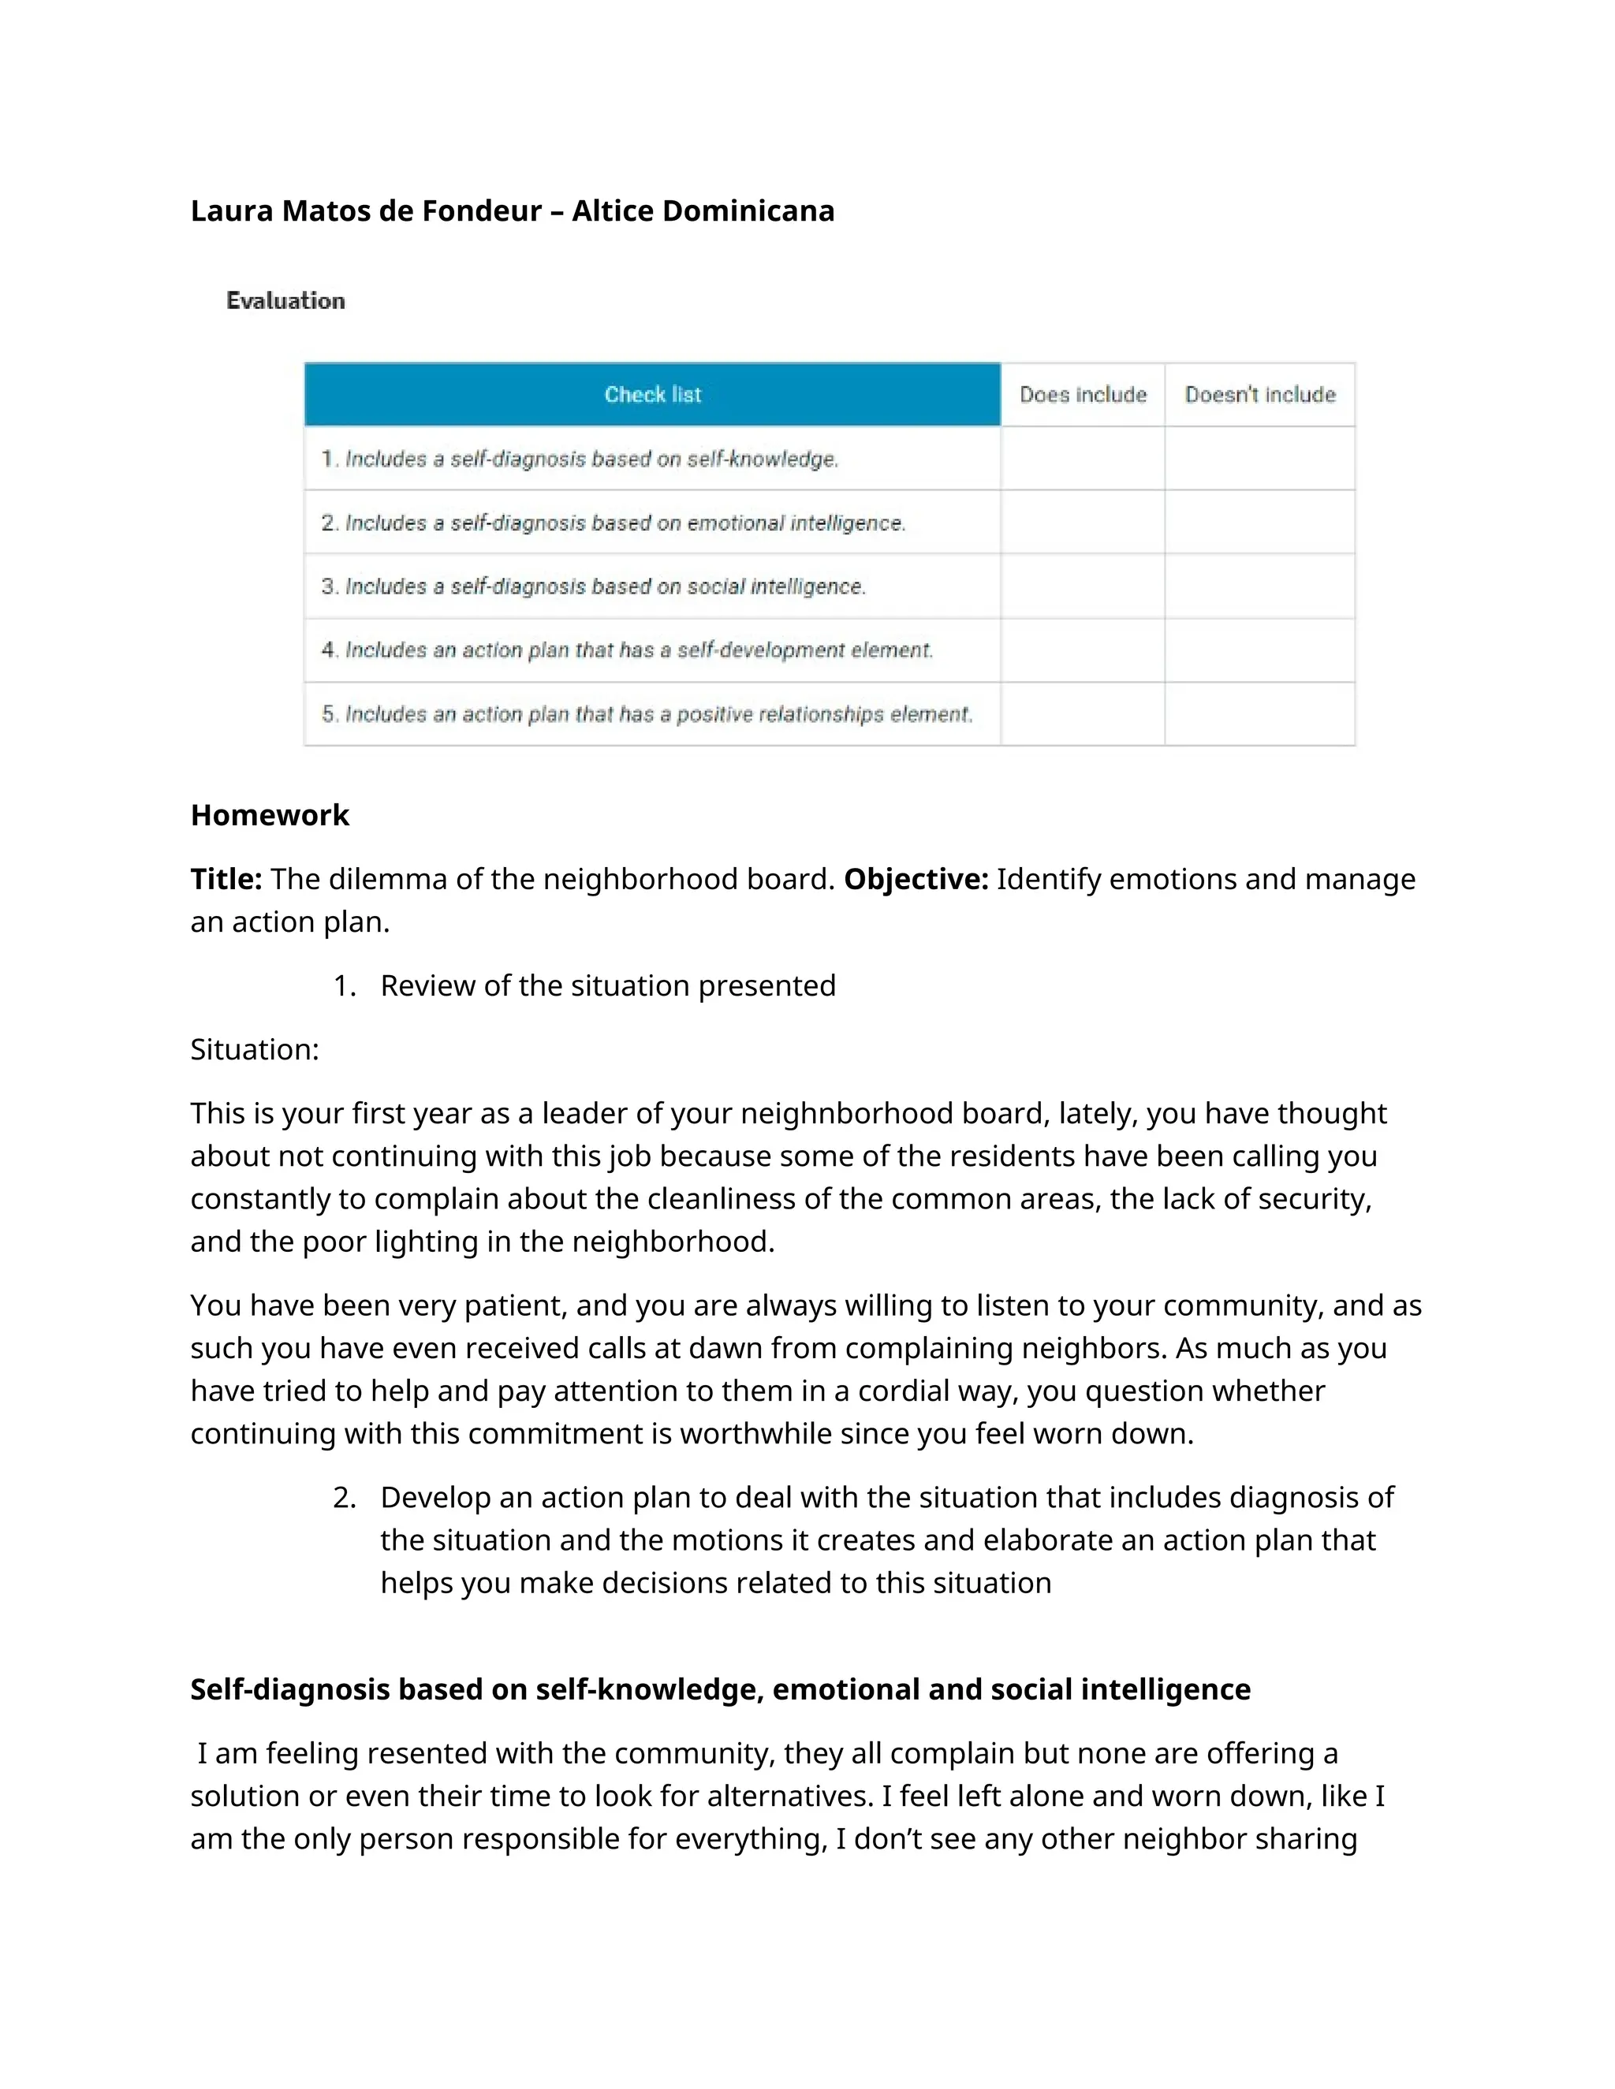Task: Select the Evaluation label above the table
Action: tap(285, 300)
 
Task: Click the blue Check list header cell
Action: tap(652, 394)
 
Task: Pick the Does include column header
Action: tap(1082, 394)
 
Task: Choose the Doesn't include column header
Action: tap(1259, 394)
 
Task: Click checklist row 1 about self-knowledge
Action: tap(580, 459)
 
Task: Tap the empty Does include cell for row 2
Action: tap(1082, 522)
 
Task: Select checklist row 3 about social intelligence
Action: tap(593, 586)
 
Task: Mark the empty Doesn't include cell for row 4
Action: tap(1259, 650)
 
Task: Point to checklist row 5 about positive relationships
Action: tap(647, 714)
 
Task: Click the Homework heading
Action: tap(270, 815)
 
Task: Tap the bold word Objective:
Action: tap(916, 879)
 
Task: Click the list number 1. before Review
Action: tap(345, 986)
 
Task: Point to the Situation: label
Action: tap(255, 1050)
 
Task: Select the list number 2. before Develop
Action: tap(345, 1498)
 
